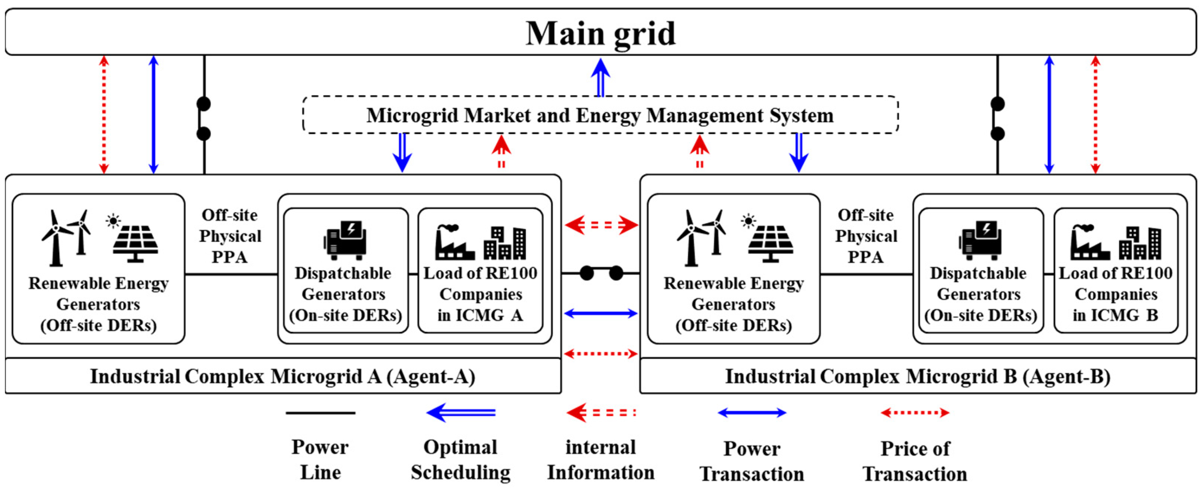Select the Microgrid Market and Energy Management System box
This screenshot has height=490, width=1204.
(600, 115)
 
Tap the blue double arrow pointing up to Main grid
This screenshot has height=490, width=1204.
(601, 77)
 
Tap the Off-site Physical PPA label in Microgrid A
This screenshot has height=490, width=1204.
(230, 236)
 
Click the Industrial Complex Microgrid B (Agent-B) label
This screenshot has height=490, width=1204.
(917, 376)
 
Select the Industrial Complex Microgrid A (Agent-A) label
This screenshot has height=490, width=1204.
(282, 376)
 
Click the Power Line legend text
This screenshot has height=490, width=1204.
(320, 459)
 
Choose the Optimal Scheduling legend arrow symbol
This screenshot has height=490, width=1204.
(461, 413)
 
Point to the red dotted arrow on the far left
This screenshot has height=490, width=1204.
(104, 115)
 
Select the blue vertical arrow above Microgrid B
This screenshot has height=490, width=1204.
(1050, 115)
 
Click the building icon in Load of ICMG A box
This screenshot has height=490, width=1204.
(505, 243)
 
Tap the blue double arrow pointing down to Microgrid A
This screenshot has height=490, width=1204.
(402, 153)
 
